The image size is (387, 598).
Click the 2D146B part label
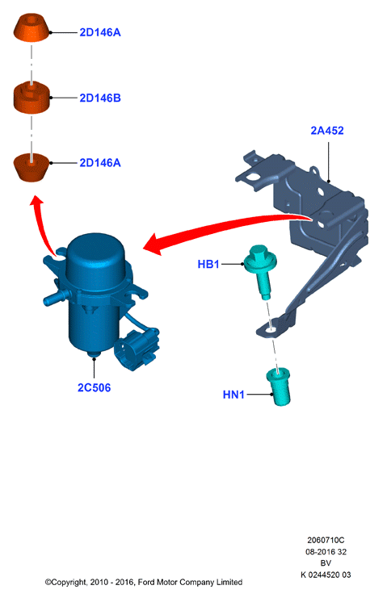click(100, 98)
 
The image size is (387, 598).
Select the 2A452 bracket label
click(327, 131)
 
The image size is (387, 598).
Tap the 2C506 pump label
click(94, 387)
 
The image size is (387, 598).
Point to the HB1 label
click(208, 264)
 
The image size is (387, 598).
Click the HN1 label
click(233, 395)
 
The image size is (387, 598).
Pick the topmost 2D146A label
click(100, 32)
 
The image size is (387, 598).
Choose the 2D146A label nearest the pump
click(100, 163)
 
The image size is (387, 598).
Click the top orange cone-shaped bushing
click(32, 27)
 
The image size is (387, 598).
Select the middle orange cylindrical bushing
click(32, 98)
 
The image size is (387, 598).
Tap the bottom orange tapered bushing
click(32, 168)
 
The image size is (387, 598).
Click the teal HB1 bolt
click(260, 271)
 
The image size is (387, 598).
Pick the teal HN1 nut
click(279, 387)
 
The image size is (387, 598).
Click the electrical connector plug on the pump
click(137, 348)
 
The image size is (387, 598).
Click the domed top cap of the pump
click(95, 257)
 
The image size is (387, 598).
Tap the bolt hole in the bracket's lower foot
click(271, 330)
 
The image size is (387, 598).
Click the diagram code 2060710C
click(326, 540)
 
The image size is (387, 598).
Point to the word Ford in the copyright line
click(145, 583)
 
